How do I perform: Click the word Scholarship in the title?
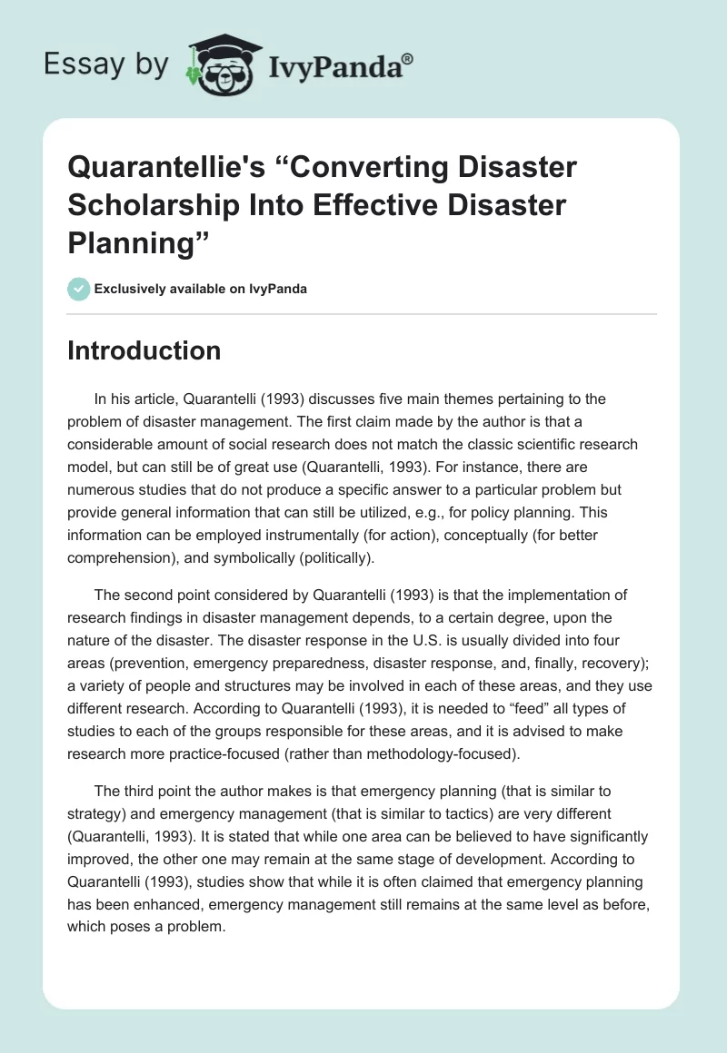coord(158,205)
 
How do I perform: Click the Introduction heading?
coord(144,350)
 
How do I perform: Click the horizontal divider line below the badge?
coord(363,314)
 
